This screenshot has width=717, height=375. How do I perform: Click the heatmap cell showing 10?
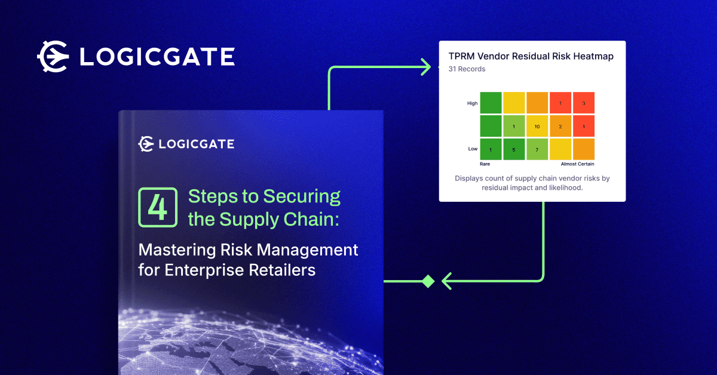(537, 127)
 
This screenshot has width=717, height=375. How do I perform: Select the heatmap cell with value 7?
(537, 149)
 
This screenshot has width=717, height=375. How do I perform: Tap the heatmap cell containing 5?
(514, 149)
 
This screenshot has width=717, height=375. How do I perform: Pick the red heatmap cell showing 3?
(584, 103)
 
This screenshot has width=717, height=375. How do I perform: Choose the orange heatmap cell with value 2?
(560, 127)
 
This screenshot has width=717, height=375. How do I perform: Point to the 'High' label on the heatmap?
(472, 103)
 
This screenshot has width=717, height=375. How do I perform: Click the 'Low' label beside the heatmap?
(473, 149)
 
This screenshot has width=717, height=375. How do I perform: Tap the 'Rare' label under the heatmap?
(485, 164)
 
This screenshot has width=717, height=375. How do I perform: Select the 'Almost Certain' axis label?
(577, 164)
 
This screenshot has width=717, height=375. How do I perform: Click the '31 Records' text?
(467, 69)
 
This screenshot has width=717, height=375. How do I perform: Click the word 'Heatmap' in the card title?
(590, 56)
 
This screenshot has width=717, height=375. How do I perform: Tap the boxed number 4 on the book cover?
(158, 207)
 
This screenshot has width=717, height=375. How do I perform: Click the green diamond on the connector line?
(428, 281)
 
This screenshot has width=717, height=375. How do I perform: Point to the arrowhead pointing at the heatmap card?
(425, 67)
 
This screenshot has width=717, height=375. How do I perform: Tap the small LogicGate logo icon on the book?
(146, 144)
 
